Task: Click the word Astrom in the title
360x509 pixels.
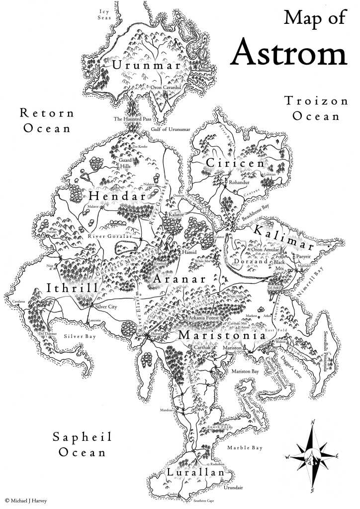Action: click(289, 53)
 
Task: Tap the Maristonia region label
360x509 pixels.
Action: click(222, 336)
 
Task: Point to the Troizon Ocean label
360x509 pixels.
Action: click(316, 108)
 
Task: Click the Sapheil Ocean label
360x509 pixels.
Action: click(83, 445)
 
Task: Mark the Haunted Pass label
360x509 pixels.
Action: click(132, 119)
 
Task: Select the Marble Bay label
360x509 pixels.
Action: click(244, 448)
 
